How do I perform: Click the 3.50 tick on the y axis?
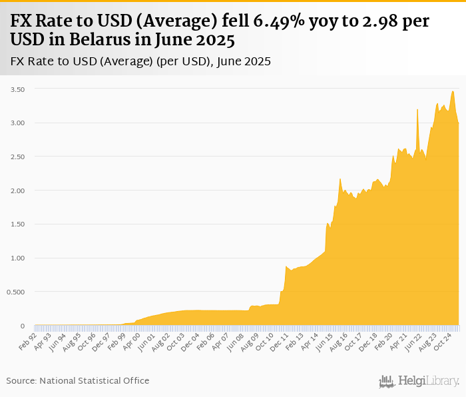coord(17,89)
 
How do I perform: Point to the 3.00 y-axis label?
coord(17,123)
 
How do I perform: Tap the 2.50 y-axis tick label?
coord(17,157)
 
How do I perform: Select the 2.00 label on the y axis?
coord(17,191)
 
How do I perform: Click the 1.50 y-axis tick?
coord(17,224)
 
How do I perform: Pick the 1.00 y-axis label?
coord(17,258)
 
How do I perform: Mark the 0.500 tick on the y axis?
coord(16,292)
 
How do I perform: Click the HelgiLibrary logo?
coord(419,381)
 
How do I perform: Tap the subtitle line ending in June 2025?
coord(140,61)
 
